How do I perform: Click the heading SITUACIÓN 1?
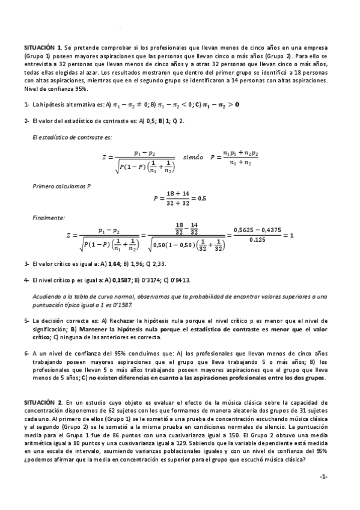[43, 46]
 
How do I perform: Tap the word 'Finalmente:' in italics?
[48, 217]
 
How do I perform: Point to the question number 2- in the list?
[27, 120]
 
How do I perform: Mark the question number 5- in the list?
[27, 321]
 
